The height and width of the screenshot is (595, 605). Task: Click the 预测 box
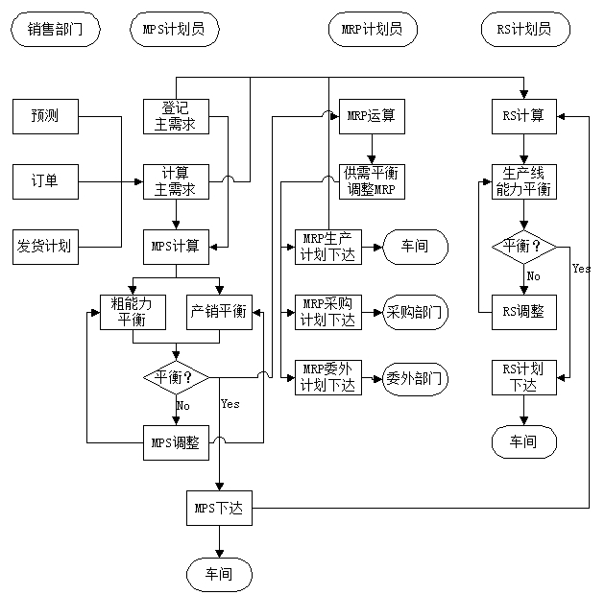[44, 116]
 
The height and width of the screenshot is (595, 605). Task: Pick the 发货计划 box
[44, 246]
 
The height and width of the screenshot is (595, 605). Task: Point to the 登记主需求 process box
[176, 116]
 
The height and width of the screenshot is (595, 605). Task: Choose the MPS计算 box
[176, 246]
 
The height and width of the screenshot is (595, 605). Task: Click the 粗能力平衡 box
[132, 311]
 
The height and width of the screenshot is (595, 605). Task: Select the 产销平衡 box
[218, 311]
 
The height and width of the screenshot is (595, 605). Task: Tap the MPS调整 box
[176, 442]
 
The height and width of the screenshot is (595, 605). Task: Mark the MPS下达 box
[218, 507]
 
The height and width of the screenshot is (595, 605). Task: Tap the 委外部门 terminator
[416, 377]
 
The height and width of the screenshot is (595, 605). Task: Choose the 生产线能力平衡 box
[524, 181]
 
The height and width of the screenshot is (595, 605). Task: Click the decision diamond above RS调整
[524, 246]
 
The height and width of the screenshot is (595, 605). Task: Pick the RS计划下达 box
[524, 377]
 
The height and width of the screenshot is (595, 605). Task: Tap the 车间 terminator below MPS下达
[218, 573]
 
